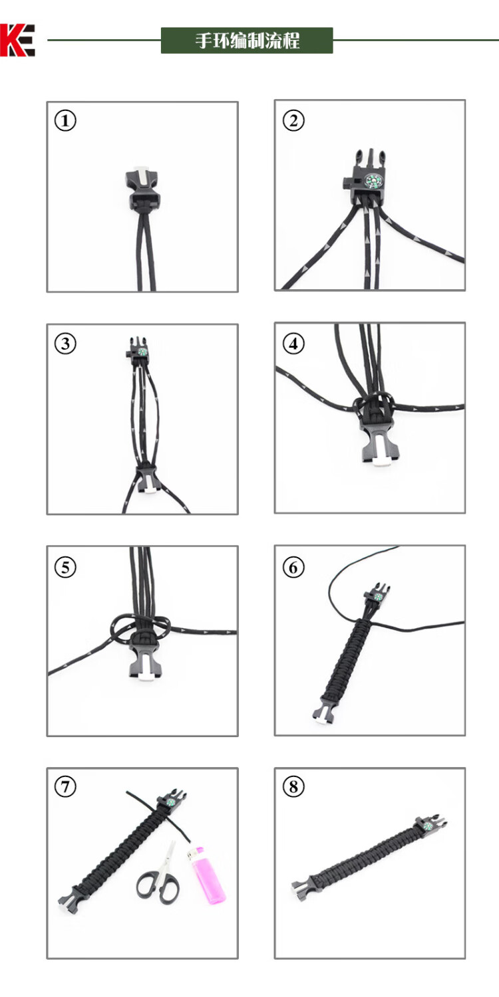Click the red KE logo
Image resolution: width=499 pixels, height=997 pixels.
[17, 40]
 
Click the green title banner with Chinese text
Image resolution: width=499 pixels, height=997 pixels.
[247, 41]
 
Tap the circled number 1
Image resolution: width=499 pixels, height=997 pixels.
[65, 120]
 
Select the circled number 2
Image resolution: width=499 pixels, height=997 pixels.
[293, 120]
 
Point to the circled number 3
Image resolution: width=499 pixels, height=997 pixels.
[65, 344]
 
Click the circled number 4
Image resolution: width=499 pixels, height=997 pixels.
[293, 344]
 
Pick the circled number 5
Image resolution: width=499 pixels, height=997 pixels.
[65, 567]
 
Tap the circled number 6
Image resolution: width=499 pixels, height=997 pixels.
[293, 567]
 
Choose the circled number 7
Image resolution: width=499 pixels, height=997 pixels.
[65, 786]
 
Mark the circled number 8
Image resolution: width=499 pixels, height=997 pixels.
[293, 786]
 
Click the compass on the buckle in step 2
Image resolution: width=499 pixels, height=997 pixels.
[373, 181]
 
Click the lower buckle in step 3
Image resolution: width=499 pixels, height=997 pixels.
[147, 480]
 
